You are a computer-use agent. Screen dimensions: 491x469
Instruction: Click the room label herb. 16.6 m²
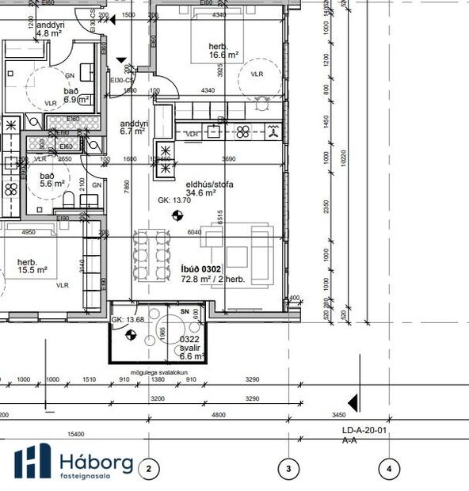[223, 51]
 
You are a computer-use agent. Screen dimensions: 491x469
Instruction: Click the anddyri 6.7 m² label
[132, 128]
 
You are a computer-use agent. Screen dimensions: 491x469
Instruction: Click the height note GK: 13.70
[174, 200]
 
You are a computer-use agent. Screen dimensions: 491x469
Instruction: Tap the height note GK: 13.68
[128, 319]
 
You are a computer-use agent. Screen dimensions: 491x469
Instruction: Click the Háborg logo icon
[32, 462]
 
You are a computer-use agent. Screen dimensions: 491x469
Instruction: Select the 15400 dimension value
[76, 435]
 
